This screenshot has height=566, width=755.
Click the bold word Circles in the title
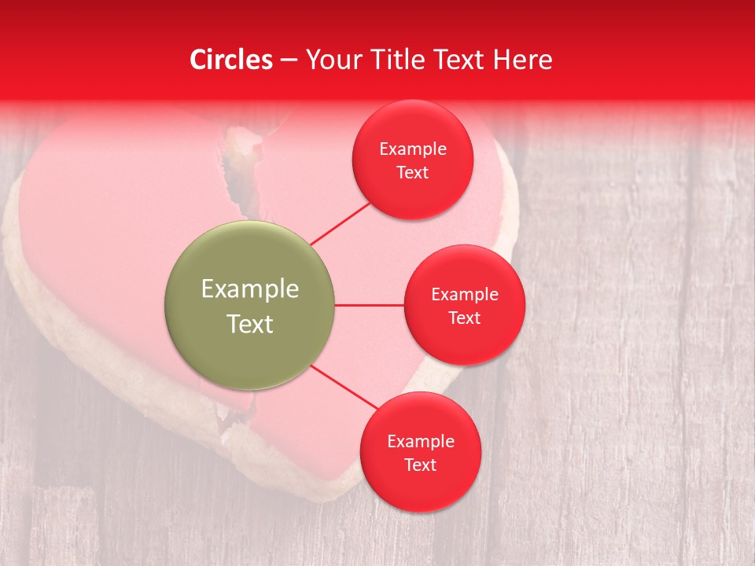tap(231, 60)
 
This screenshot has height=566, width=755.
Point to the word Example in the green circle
tap(250, 289)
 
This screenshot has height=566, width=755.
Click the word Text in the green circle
tap(250, 324)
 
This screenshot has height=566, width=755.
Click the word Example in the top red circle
tap(413, 149)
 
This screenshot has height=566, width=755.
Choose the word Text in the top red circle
tap(413, 173)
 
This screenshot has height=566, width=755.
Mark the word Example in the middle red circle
tap(465, 295)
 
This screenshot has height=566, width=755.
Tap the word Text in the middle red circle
tap(465, 318)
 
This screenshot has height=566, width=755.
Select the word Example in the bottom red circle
tap(420, 442)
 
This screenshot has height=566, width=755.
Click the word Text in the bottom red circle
tap(420, 465)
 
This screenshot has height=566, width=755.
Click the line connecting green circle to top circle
tap(340, 223)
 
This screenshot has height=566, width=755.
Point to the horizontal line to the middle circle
tap(369, 305)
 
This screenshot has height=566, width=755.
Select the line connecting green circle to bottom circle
tap(344, 388)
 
